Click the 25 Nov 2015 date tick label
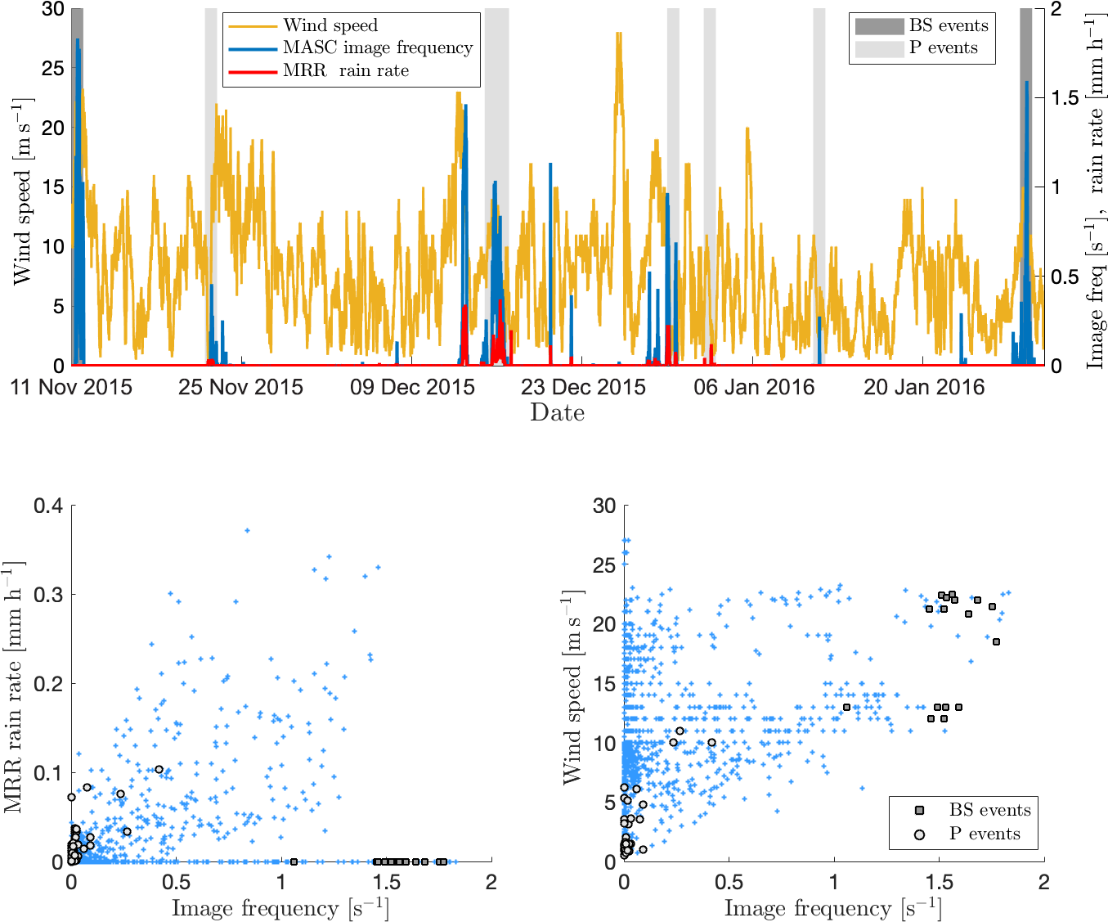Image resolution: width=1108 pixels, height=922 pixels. tap(240, 387)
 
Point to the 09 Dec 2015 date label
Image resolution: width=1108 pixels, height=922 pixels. tap(412, 387)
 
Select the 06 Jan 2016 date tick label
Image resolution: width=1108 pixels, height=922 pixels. tap(754, 387)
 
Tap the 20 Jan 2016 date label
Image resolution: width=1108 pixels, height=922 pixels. tap(924, 387)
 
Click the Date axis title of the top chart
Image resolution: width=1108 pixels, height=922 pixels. tap(557, 412)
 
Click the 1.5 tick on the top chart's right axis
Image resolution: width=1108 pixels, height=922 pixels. tap(1065, 98)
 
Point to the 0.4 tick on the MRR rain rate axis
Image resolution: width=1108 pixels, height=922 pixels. tap(48, 506)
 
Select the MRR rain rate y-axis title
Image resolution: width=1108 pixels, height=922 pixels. tap(14, 687)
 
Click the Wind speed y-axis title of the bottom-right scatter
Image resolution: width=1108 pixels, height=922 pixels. tap(573, 687)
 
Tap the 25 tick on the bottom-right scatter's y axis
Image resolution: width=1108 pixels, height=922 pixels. tap(604, 565)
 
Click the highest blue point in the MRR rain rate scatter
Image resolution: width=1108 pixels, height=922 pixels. tap(247, 530)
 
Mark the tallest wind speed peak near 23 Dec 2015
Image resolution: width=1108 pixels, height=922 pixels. tap(619, 34)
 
